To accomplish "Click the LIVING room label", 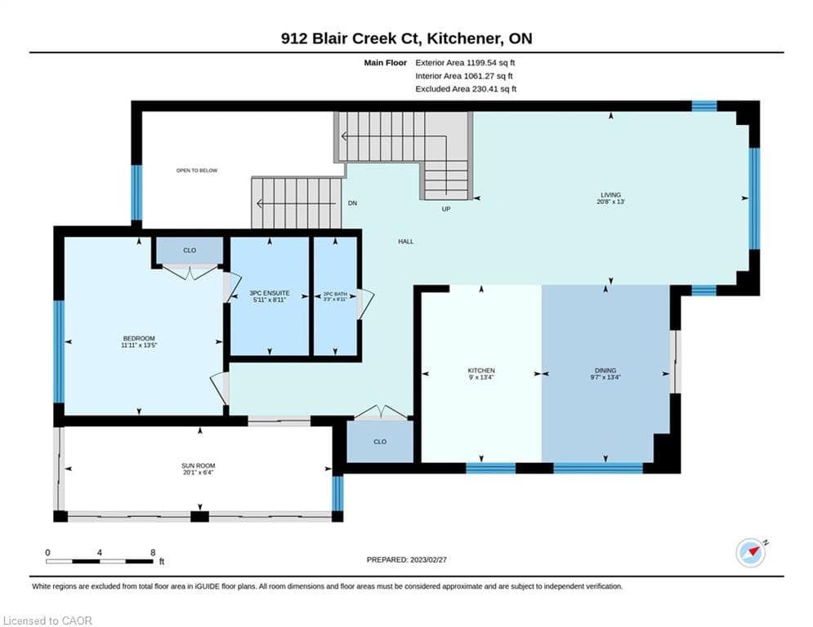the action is point(610,195).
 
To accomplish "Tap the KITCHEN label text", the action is point(481,371).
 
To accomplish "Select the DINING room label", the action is point(605,371).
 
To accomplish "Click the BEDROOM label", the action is point(139,338).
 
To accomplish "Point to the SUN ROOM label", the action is point(198,466).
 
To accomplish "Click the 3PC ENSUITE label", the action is point(270,293).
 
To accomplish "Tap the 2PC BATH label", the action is point(336,294).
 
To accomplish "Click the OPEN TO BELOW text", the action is point(197,171).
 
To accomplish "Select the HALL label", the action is point(406,242).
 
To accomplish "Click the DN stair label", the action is point(353,203).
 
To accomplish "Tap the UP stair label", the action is point(446,209).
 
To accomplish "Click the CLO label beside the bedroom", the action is point(190,251).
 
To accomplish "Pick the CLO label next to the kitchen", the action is point(380,442).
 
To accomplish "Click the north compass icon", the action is point(751,553).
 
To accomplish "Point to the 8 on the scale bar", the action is point(153,553).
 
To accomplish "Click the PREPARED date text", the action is point(407,559).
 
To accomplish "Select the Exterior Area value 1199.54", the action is point(482,63).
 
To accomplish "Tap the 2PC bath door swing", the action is point(364,304).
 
